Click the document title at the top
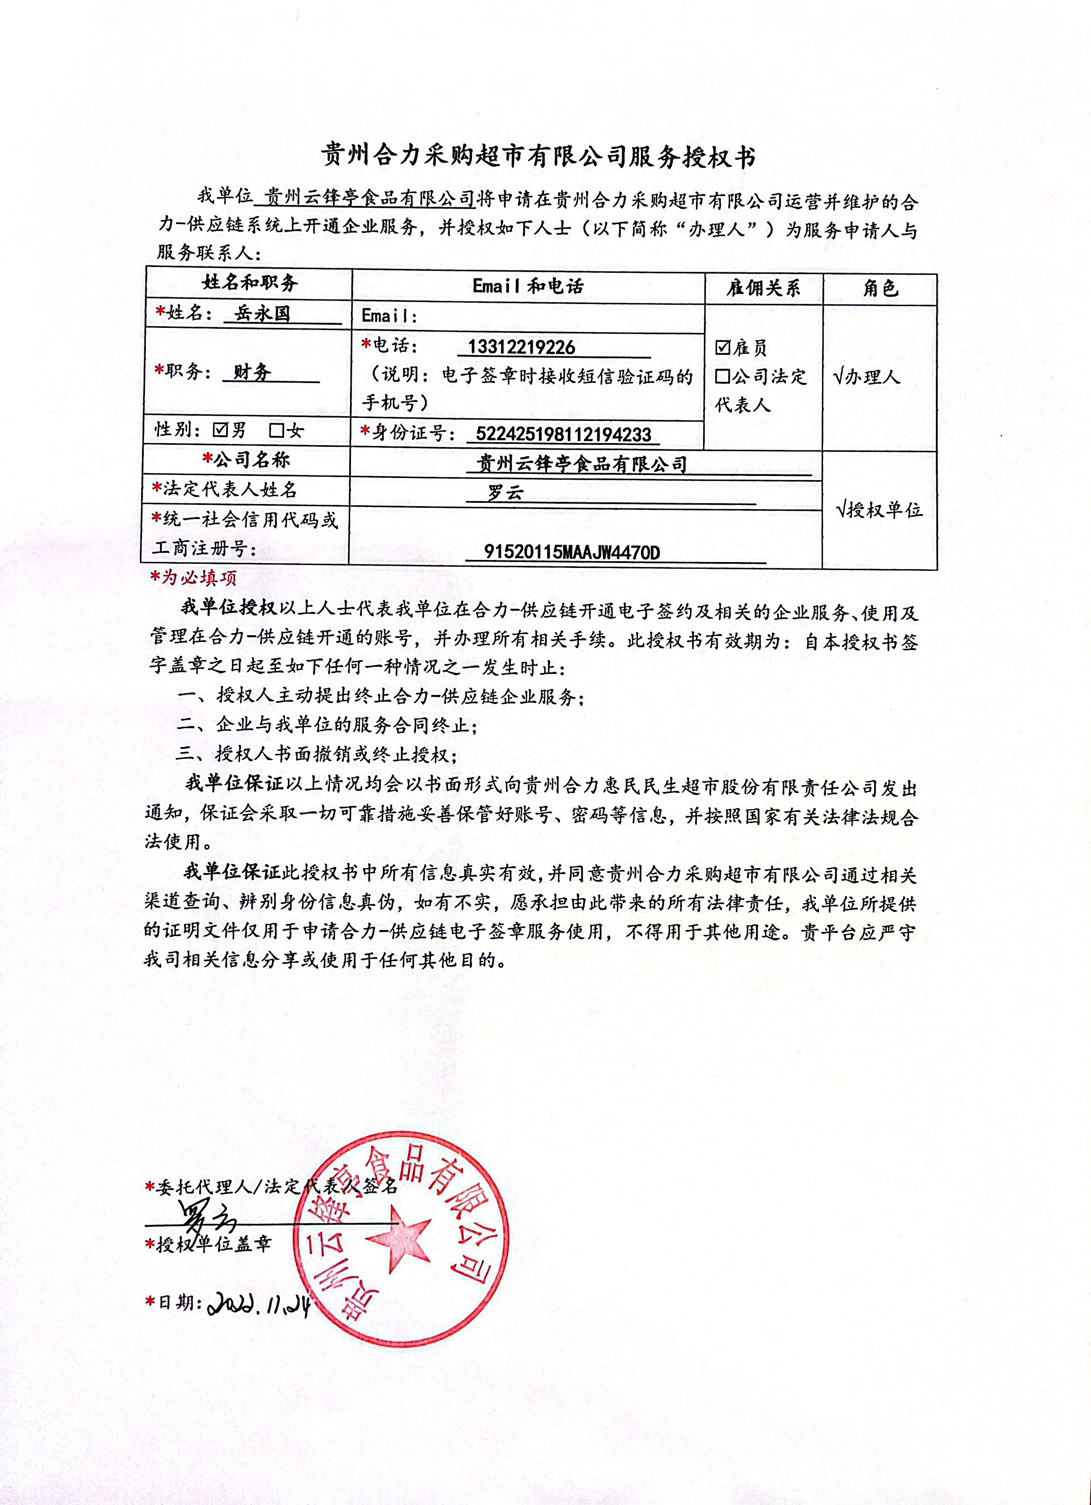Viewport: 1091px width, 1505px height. pos(538,157)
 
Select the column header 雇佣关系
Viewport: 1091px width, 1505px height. pos(763,288)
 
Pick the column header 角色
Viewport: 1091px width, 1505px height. pos(880,288)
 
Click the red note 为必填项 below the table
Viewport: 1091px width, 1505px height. pos(194,577)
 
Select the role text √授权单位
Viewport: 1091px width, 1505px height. pos(880,510)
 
